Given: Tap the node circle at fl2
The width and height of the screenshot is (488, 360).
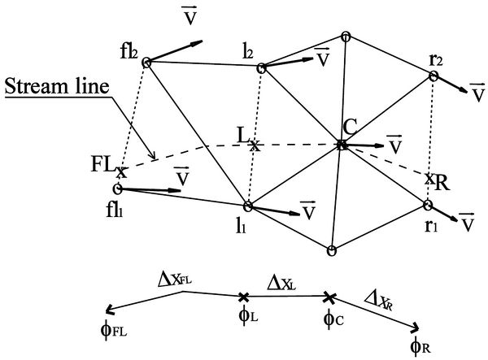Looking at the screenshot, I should click(x=147, y=62).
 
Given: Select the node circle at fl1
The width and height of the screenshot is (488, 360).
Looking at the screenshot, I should click(x=118, y=189).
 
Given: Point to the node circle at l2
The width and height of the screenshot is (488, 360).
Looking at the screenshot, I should click(x=262, y=68).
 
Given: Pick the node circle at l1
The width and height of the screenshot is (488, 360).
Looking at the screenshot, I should click(x=249, y=205).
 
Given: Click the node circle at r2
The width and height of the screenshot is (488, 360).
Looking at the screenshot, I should click(x=434, y=76).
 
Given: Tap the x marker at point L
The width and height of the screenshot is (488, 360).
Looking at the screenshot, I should click(x=254, y=147).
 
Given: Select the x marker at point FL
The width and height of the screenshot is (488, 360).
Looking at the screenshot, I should click(x=121, y=171).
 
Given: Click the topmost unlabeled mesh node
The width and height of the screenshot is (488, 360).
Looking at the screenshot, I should click(x=346, y=36).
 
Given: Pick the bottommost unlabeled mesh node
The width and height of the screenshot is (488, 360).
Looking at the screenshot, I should click(x=331, y=250).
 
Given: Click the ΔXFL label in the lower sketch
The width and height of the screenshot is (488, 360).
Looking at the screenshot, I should click(x=176, y=281).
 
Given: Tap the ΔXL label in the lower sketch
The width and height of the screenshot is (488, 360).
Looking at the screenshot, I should click(x=285, y=283).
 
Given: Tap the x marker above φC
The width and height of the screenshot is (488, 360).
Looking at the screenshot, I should click(x=329, y=297).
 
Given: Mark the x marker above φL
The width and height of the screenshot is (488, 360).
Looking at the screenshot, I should click(x=242, y=297).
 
